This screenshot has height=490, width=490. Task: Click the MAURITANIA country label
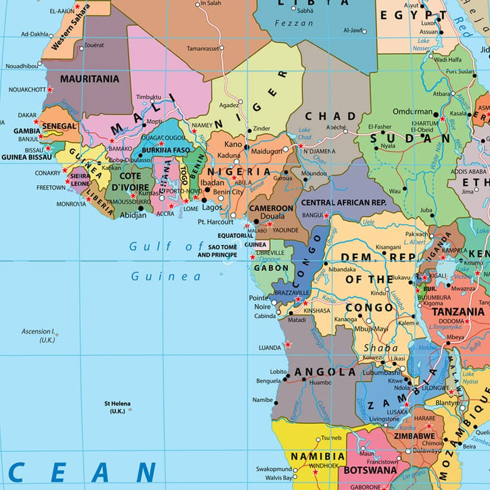[x=89, y=79]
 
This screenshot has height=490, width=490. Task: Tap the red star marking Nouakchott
[x=50, y=90]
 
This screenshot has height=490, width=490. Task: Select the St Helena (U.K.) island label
[x=117, y=407]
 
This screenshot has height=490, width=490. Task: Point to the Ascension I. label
[x=38, y=332]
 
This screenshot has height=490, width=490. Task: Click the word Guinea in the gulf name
[x=166, y=277]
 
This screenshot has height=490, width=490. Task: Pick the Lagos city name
[x=211, y=208]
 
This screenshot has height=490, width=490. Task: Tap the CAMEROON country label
[x=271, y=208]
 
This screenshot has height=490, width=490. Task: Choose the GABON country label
[x=271, y=268]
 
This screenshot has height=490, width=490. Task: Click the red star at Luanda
[x=288, y=344]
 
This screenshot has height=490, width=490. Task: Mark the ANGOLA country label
[x=325, y=372]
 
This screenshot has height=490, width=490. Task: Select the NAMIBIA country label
[x=317, y=456]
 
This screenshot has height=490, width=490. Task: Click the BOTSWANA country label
[x=370, y=470]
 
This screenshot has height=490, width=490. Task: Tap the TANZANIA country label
[x=458, y=312]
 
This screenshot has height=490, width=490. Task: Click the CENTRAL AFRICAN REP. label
[x=344, y=203]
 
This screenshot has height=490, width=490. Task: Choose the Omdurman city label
[x=412, y=111]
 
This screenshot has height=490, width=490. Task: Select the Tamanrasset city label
[x=202, y=48]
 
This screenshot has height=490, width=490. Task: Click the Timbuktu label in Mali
[x=148, y=96]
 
